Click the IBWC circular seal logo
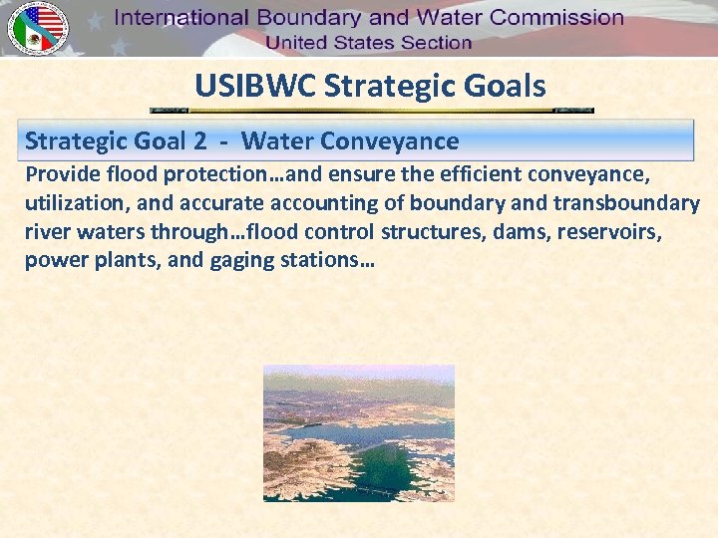[x=37, y=28]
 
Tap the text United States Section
[x=368, y=43]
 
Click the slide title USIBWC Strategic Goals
[x=370, y=86]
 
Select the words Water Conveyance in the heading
[x=350, y=141]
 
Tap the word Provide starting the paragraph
[x=63, y=175]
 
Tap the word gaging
[x=239, y=262]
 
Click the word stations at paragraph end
[x=324, y=262]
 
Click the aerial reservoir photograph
[x=358, y=432]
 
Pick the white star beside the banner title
[x=96, y=20]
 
